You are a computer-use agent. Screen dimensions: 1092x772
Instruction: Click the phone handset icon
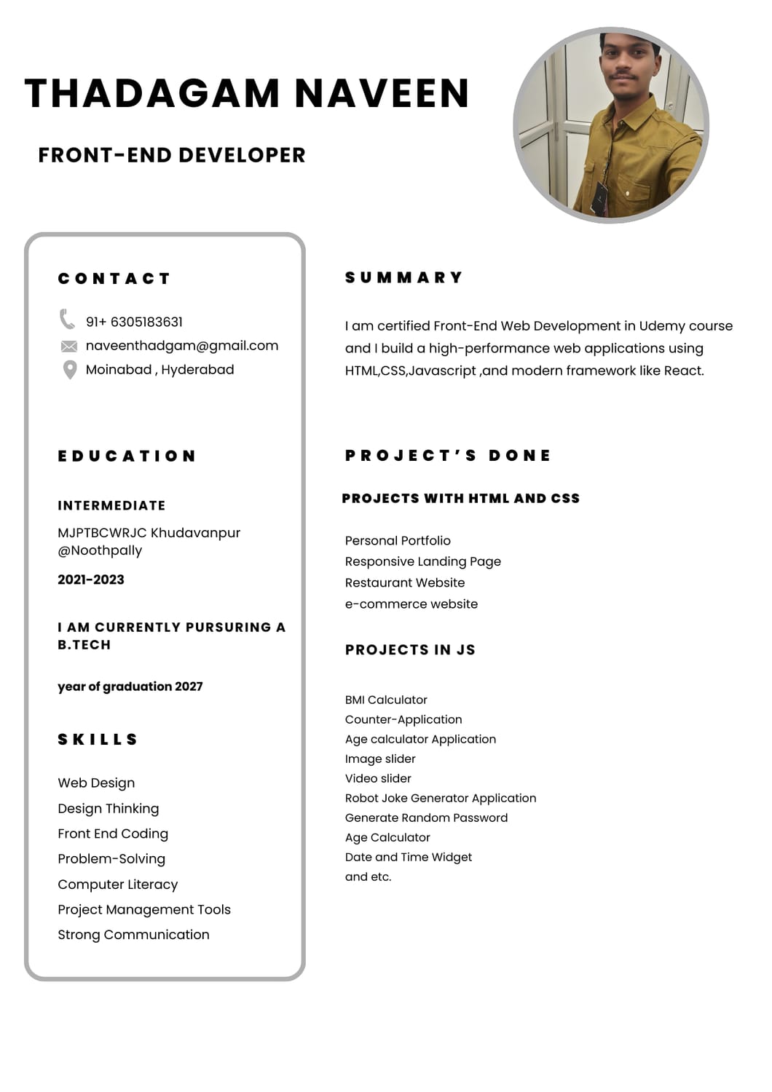pyautogui.click(x=67, y=320)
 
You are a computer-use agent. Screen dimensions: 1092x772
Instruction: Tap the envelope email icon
pyautogui.click(x=68, y=347)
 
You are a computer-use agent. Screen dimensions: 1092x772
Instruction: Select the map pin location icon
pyautogui.click(x=70, y=370)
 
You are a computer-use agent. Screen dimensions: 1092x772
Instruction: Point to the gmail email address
pyautogui.click(x=182, y=346)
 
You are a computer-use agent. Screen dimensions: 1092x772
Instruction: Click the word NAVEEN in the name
pyautogui.click(x=382, y=94)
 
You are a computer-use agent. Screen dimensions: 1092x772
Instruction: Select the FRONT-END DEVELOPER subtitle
pyautogui.click(x=172, y=155)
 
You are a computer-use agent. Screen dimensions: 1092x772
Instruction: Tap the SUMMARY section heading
pyautogui.click(x=403, y=277)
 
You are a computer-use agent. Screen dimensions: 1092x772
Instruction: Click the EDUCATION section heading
pyautogui.click(x=127, y=456)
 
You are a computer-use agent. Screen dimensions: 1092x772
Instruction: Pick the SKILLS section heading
pyautogui.click(x=98, y=740)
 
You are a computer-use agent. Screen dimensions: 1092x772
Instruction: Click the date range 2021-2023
pyautogui.click(x=91, y=579)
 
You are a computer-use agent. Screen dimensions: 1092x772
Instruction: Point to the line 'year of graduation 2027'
pyautogui.click(x=130, y=687)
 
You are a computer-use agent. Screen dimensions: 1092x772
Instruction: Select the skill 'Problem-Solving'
pyautogui.click(x=111, y=859)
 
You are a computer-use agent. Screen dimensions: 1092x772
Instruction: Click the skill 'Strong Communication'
pyautogui.click(x=133, y=935)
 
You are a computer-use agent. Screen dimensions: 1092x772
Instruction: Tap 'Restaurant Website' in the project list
pyautogui.click(x=405, y=582)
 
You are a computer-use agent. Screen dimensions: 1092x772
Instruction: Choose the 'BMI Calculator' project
pyautogui.click(x=386, y=700)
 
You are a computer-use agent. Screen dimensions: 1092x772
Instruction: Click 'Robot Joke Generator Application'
pyautogui.click(x=441, y=798)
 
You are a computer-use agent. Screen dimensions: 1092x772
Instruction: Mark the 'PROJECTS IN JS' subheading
pyautogui.click(x=410, y=650)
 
